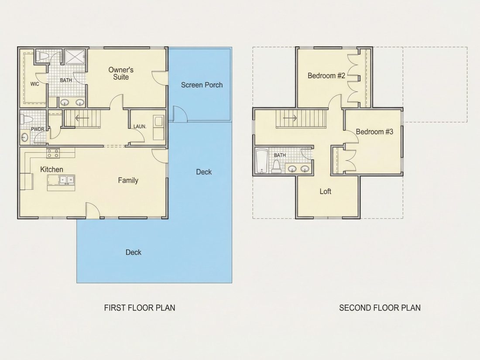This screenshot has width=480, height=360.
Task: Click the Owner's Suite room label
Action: tap(121, 73)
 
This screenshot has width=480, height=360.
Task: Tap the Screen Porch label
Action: tap(202, 85)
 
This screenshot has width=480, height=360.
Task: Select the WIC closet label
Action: tap(34, 84)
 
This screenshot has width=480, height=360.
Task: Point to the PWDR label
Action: tap(38, 129)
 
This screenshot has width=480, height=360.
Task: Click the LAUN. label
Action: tap(140, 127)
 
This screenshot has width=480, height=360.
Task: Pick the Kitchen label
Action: tap(52, 169)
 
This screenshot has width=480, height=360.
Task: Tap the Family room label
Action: tap(128, 180)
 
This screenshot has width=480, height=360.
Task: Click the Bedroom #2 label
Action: tap(326, 75)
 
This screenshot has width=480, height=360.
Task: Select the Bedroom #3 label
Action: tap(374, 132)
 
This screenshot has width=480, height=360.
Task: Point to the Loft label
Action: tap(326, 191)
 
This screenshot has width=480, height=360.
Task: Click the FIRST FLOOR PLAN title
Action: tap(140, 308)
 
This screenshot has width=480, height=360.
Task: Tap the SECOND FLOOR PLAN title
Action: tap(380, 308)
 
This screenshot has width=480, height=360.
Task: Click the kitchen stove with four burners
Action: tap(53, 153)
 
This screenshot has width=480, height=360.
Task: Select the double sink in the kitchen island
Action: tap(67, 180)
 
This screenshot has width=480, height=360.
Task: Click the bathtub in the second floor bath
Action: tap(262, 161)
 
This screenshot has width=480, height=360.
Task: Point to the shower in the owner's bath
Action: tap(74, 56)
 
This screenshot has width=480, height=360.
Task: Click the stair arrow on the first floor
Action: tap(82, 118)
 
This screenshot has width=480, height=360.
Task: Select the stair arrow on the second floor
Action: tap(290, 118)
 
